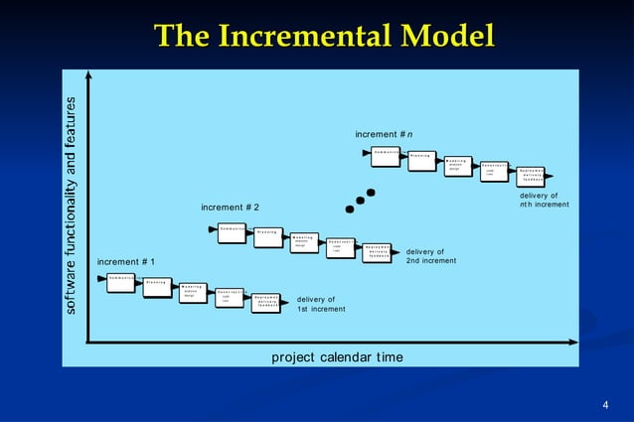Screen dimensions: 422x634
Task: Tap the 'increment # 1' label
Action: click(x=126, y=261)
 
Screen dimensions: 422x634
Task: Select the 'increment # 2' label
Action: click(x=230, y=208)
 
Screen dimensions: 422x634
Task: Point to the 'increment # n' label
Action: click(x=384, y=133)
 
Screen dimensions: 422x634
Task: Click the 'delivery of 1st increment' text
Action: click(x=321, y=304)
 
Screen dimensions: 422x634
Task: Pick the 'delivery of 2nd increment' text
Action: click(x=431, y=256)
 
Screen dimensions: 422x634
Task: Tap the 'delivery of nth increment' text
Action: click(x=545, y=201)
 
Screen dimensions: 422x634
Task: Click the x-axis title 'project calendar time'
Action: click(x=338, y=357)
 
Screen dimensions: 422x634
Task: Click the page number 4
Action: click(x=606, y=405)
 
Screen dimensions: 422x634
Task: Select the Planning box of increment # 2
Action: click(x=265, y=235)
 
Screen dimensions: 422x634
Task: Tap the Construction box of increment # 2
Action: click(x=341, y=247)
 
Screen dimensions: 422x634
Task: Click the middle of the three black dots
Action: click(x=360, y=201)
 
